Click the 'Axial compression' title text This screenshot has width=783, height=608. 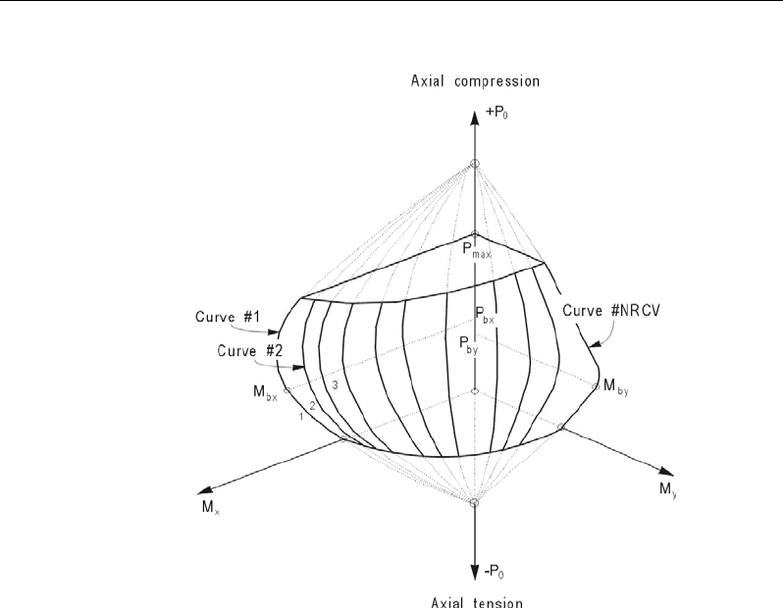(x=474, y=79)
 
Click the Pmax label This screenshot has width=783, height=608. (x=478, y=252)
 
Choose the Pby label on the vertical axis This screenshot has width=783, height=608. (x=470, y=343)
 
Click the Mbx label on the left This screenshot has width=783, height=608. (x=264, y=395)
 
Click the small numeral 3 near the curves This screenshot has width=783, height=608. (x=335, y=385)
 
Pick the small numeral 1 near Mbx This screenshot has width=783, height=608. (x=301, y=417)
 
